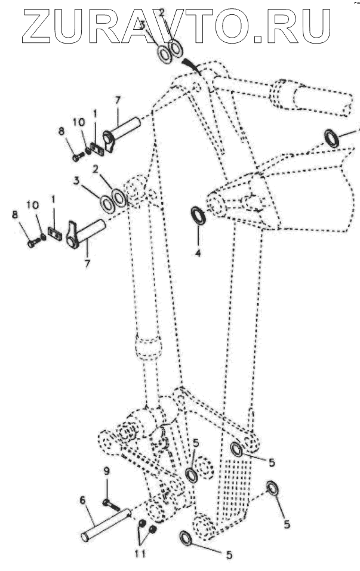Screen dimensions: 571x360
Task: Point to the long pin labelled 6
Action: click(x=105, y=524)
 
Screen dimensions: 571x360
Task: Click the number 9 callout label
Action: click(x=107, y=471)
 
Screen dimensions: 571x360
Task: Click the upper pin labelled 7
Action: click(x=124, y=131)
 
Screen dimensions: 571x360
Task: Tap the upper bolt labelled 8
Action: click(x=76, y=158)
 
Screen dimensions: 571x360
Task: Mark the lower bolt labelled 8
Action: click(x=32, y=243)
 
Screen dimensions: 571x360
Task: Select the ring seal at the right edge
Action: click(x=332, y=138)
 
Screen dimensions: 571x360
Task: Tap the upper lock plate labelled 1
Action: click(x=98, y=150)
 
